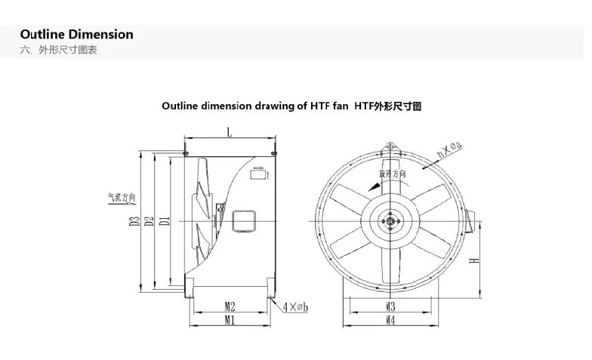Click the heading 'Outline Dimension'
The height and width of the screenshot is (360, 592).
pyautogui.click(x=76, y=34)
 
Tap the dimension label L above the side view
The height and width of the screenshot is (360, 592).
pyautogui.click(x=229, y=132)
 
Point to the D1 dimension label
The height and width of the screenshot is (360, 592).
pyautogui.click(x=165, y=220)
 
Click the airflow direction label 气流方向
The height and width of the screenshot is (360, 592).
pyautogui.click(x=121, y=198)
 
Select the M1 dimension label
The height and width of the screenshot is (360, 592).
pyautogui.click(x=230, y=320)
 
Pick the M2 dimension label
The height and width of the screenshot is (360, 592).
pyautogui.click(x=230, y=306)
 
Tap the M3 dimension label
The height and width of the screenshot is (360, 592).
pyautogui.click(x=391, y=306)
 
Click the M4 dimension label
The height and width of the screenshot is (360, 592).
pyautogui.click(x=391, y=320)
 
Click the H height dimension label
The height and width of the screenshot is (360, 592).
pyautogui.click(x=473, y=261)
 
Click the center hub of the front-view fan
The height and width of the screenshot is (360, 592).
pyautogui.click(x=391, y=220)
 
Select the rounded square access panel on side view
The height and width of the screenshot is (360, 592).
pyautogui.click(x=244, y=220)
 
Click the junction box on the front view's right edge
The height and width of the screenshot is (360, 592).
pyautogui.click(x=471, y=220)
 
